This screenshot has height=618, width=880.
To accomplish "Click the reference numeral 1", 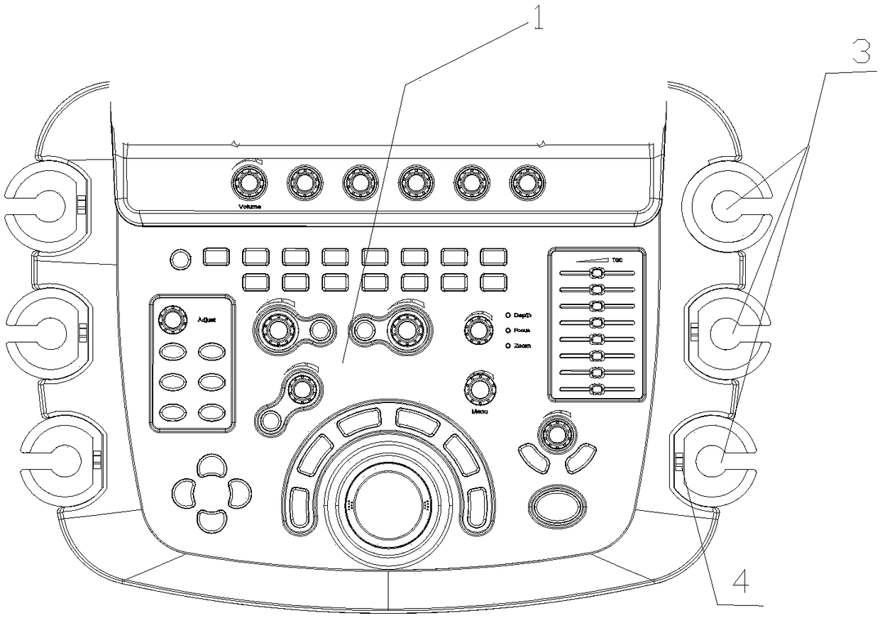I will [537, 18].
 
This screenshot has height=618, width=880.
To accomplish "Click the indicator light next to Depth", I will [508, 314].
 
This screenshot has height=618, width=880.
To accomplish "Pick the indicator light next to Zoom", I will [508, 346].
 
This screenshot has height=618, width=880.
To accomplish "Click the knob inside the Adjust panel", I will [171, 319].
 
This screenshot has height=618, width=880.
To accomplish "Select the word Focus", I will [522, 330].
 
